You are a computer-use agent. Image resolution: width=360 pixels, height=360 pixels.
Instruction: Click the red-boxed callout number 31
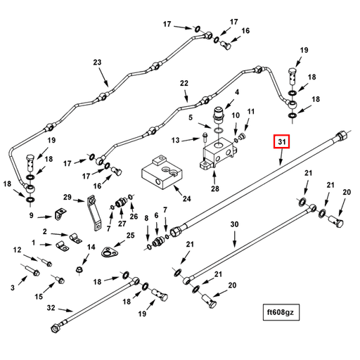[x=281, y=141]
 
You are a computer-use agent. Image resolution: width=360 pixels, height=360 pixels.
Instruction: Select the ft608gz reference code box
[x=281, y=312]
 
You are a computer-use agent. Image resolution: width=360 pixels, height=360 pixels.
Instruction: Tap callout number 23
[x=97, y=63]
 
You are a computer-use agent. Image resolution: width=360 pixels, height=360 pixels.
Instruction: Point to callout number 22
[x=184, y=83]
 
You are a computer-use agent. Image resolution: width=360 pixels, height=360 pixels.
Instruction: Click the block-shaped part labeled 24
[x=162, y=172]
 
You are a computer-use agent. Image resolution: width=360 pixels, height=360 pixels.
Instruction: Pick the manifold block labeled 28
[x=217, y=153]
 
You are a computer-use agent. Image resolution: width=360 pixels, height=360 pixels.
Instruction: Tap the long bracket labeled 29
[x=94, y=213]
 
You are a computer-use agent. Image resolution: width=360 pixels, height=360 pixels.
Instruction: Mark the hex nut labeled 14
[x=79, y=269]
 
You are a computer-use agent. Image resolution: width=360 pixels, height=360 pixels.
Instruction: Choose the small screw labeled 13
[x=205, y=137]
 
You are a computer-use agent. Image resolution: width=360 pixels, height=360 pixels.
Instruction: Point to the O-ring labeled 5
[x=219, y=130]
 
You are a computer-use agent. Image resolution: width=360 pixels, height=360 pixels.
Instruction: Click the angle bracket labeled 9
[x=60, y=214]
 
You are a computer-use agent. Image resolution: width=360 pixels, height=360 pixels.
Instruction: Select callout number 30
[x=234, y=224]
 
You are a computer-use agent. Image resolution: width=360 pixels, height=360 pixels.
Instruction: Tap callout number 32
[x=51, y=307]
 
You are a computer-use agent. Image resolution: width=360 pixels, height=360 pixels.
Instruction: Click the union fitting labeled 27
[x=121, y=202]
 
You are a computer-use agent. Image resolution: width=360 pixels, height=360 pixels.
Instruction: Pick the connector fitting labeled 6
[x=157, y=242]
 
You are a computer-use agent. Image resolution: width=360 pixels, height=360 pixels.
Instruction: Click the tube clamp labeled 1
[x=62, y=245]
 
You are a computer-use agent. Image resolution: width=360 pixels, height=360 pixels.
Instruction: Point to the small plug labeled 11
[x=241, y=136]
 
